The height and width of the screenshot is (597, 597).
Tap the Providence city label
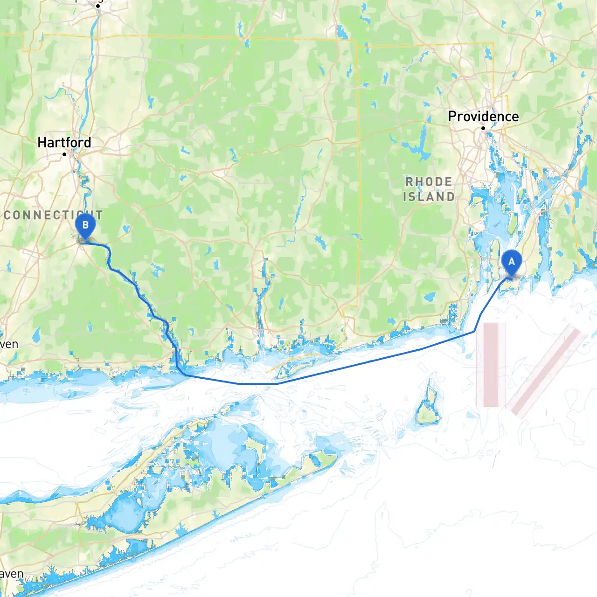[483, 117]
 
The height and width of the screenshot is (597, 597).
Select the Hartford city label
[64, 142]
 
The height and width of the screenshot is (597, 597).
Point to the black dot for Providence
[483, 128]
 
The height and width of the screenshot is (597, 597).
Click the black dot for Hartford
[64, 154]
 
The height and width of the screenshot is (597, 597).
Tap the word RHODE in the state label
[429, 182]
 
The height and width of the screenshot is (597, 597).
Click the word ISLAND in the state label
[429, 197]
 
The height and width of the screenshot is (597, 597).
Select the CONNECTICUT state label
[52, 215]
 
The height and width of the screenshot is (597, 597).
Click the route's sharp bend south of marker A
[474, 331]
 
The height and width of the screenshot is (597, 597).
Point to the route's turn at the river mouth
[185, 375]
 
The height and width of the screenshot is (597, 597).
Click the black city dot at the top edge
[98, 6]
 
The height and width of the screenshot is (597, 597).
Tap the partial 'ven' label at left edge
[9, 344]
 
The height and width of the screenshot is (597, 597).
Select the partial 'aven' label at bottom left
[11, 574]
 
